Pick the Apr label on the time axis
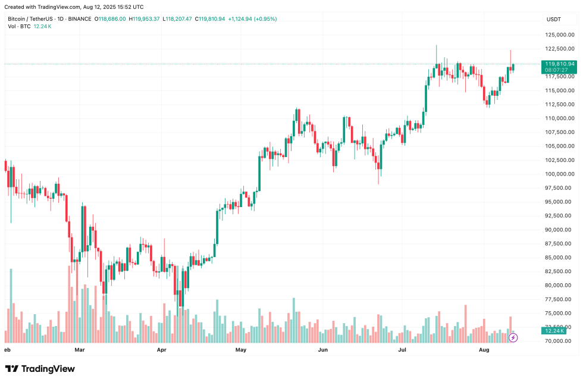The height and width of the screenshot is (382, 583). pos(161,350)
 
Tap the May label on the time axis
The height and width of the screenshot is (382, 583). pos(241,350)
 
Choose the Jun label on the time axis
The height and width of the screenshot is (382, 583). pos(323,350)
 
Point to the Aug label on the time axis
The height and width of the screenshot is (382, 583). pos(484,350)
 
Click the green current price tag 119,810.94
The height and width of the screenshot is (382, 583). pos(559,64)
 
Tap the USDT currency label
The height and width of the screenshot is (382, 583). pos(554,19)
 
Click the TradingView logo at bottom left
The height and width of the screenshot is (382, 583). pos(40,369)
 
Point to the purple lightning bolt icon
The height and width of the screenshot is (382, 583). pos(513,337)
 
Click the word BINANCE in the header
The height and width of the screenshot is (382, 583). pos(79,19)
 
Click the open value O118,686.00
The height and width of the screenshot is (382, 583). pos(111,19)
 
